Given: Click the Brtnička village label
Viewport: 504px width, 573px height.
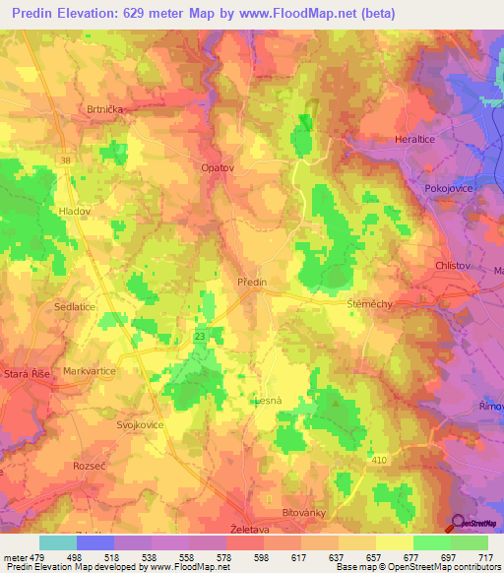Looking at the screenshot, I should point(103,111).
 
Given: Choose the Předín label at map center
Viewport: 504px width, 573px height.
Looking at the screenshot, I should point(252,283).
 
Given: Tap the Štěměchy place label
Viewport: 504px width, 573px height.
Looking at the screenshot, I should point(370,304).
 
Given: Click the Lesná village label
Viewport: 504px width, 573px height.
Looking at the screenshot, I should point(267,401).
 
